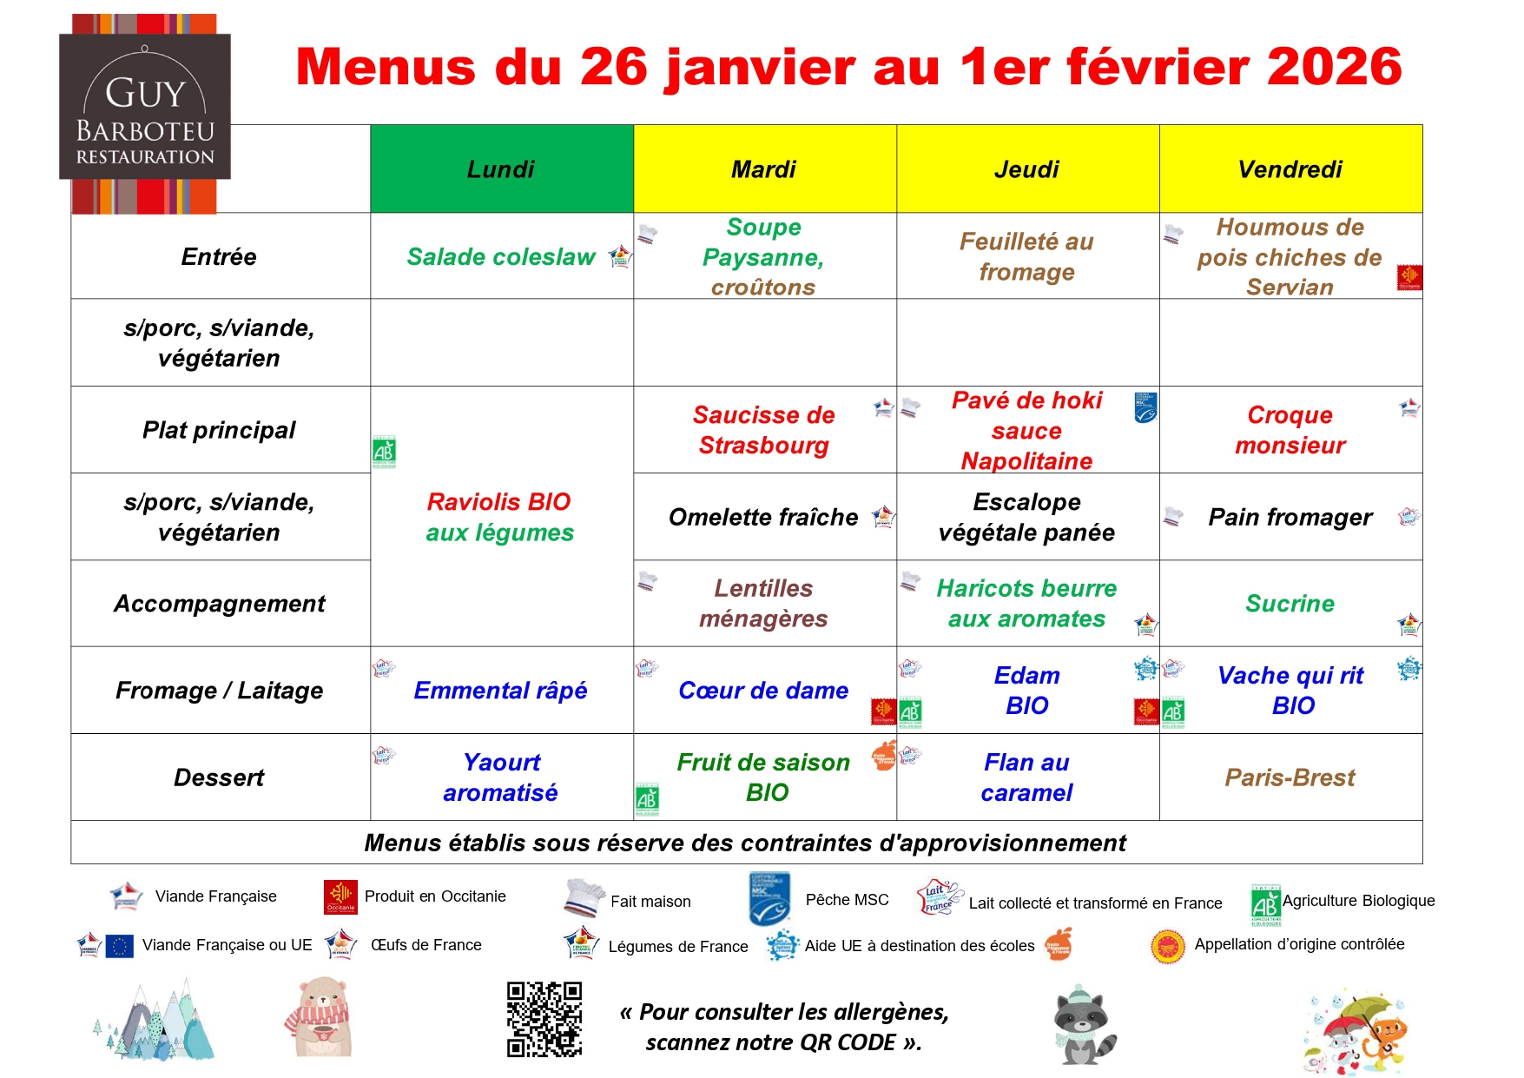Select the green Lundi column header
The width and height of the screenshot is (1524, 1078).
501,169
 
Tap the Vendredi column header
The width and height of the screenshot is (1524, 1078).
1290,169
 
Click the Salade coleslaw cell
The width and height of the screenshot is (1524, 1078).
501,257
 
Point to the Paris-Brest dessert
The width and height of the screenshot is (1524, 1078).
1290,777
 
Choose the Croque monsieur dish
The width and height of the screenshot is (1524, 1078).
1290,430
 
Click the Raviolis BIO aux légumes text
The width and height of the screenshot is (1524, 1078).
499,517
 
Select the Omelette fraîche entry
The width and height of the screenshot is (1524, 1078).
763,518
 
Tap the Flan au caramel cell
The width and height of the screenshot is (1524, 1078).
1026,777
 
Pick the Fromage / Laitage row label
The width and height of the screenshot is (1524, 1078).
220,691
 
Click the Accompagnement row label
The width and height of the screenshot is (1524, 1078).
220,604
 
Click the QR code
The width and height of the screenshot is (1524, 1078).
544,1019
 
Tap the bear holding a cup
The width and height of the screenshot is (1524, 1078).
319,1017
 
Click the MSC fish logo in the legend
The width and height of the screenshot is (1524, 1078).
769,899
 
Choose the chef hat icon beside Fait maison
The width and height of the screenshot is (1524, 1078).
584,898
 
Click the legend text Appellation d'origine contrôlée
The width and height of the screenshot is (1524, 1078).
1299,944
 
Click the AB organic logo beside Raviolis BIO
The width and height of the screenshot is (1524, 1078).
384,452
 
